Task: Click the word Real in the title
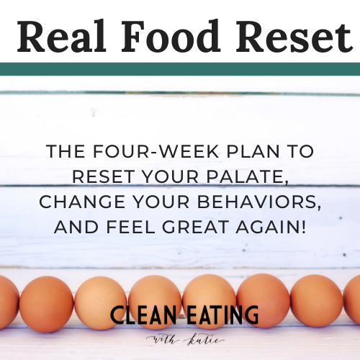[x=61, y=37]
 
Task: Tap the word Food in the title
[x=171, y=36]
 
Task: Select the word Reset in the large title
[x=294, y=37]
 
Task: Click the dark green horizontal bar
[x=180, y=69]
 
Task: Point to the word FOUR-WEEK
[x=156, y=151]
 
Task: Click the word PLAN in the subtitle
[x=253, y=151]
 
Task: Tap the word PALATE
[x=248, y=177]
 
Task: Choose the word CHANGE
[x=82, y=202]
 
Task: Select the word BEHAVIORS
[x=259, y=202]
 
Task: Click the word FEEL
[x=130, y=227]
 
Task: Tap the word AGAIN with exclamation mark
[x=271, y=227]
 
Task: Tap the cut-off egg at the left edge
[x=9, y=302]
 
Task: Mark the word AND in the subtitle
[x=76, y=227]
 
